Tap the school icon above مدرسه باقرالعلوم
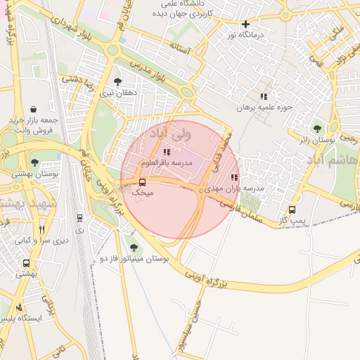[x=167, y=152]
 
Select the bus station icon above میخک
[x=143, y=183]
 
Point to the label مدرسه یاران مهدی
[x=239, y=188]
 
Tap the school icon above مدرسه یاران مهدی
[x=234, y=178]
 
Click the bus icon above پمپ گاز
[x=292, y=210]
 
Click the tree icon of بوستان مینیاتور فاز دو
[x=134, y=247]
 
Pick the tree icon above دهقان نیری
[x=117, y=82]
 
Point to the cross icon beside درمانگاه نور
[x=245, y=25]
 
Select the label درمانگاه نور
[x=261, y=34]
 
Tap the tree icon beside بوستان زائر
[x=318, y=129]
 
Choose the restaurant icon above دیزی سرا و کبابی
[x=42, y=229]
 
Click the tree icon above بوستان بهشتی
[x=34, y=162]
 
